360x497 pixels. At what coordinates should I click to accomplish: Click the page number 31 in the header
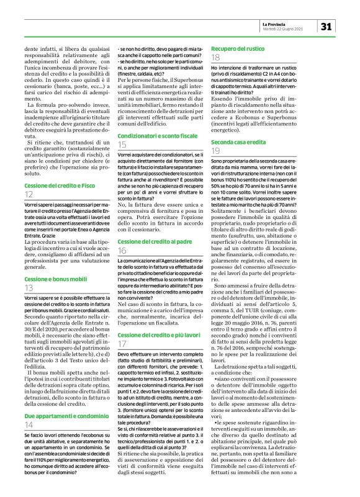(x=329, y=26)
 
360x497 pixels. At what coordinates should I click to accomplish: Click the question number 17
(x=123, y=344)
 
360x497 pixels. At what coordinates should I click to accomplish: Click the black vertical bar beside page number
(x=318, y=26)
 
